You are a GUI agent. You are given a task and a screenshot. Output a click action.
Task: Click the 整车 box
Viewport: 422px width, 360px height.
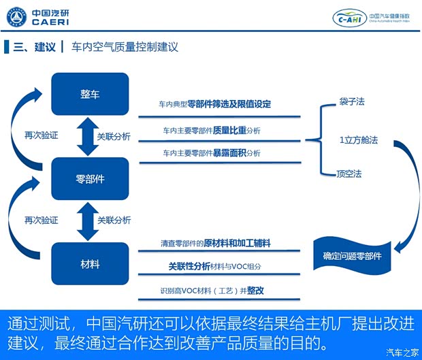pyautogui.click(x=90, y=94)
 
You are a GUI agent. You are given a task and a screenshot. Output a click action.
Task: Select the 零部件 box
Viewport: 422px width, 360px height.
pyautogui.click(x=90, y=178)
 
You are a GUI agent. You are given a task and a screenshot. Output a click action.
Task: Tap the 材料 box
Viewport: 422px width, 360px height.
pyautogui.click(x=90, y=263)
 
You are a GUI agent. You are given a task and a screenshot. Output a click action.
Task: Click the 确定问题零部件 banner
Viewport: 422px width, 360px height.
pyautogui.click(x=352, y=256)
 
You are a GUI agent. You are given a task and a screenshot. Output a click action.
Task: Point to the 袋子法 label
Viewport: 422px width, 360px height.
pyautogui.click(x=351, y=101)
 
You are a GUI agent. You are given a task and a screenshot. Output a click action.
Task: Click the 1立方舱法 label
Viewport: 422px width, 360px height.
pyautogui.click(x=358, y=140)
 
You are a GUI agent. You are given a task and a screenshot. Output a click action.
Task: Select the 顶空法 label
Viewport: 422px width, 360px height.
pyautogui.click(x=350, y=174)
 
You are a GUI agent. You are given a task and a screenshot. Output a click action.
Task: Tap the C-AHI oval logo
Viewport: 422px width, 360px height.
pyautogui.click(x=349, y=18)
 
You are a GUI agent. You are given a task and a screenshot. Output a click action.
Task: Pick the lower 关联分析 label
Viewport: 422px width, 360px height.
pyautogui.click(x=114, y=220)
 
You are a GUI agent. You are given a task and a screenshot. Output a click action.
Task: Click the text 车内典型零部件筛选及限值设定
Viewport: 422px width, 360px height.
pyautogui.click(x=214, y=104)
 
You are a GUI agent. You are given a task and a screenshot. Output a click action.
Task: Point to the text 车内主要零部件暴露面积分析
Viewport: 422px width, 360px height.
pyautogui.click(x=211, y=152)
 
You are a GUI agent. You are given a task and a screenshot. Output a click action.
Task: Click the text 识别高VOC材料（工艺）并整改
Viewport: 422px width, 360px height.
pyautogui.click(x=212, y=291)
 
